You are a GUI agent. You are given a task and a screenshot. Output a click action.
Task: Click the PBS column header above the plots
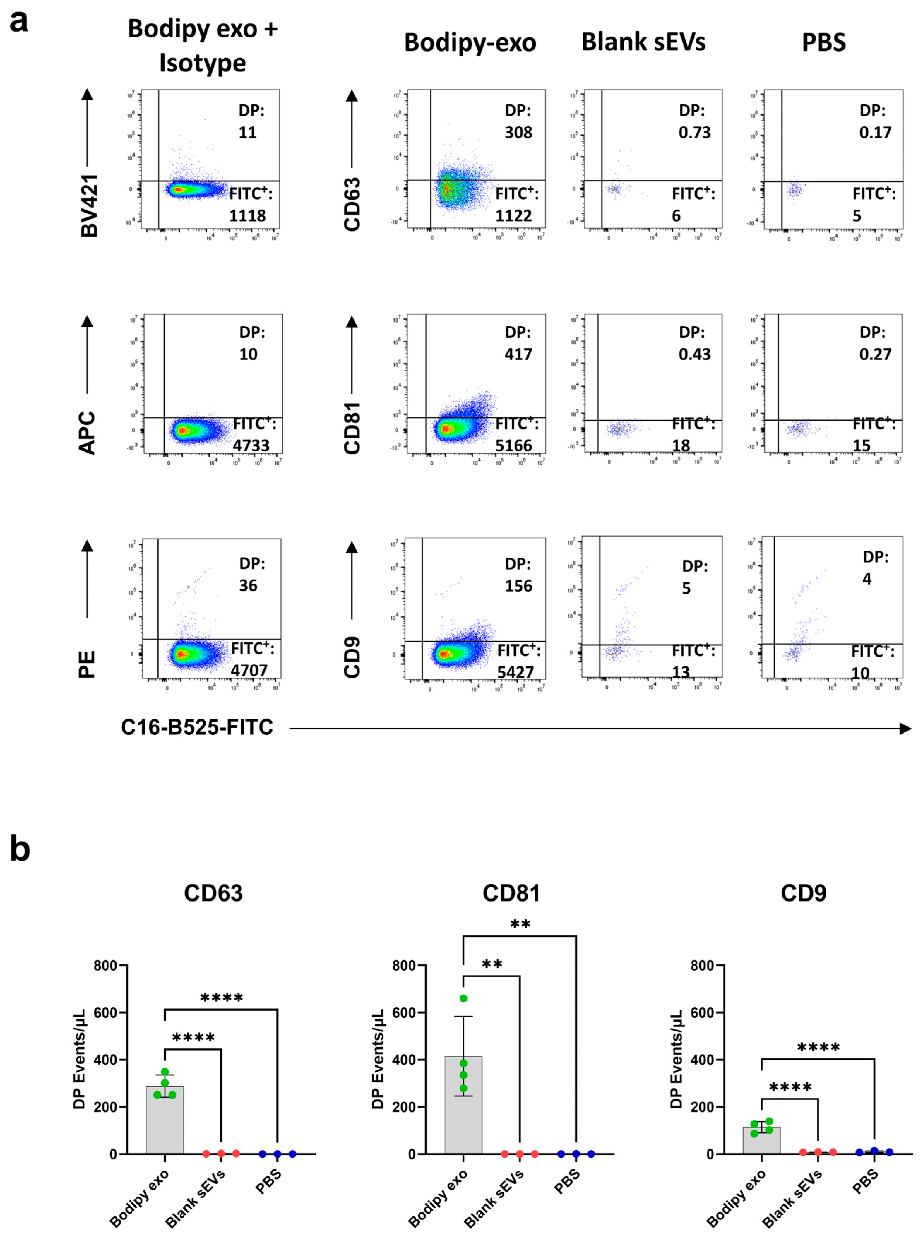click(823, 42)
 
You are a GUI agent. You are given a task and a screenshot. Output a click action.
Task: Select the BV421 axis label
click(89, 205)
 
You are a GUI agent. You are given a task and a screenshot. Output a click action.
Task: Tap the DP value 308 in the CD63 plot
click(518, 132)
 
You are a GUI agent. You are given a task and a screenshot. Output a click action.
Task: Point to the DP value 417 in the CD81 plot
click(518, 354)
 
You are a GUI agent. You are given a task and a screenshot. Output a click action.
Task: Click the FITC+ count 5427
click(516, 672)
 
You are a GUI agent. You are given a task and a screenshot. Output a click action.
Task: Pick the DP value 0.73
click(694, 132)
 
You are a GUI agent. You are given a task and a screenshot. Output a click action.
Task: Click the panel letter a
click(19, 22)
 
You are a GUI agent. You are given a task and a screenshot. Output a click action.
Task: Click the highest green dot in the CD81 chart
click(463, 998)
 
